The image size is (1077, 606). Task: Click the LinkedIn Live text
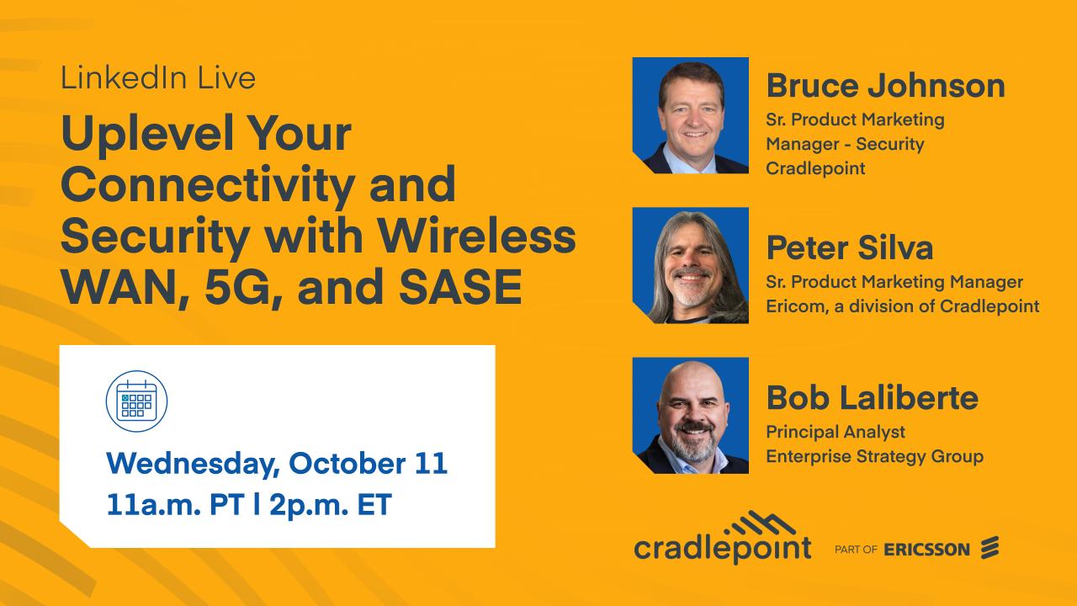click(x=158, y=78)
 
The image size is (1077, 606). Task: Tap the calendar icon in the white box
click(x=136, y=401)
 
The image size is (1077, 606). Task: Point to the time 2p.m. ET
click(x=331, y=505)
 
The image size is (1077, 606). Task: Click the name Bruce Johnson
click(x=886, y=86)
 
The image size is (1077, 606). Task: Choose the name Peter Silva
click(x=850, y=247)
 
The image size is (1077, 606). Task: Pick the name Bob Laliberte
click(x=873, y=398)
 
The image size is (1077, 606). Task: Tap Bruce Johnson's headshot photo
click(x=691, y=115)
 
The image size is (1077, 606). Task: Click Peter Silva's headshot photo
click(x=691, y=265)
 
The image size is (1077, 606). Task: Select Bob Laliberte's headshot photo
click(x=691, y=416)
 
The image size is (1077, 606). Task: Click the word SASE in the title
click(x=460, y=287)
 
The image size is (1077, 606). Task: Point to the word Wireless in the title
click(x=476, y=235)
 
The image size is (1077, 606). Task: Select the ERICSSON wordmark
click(x=926, y=550)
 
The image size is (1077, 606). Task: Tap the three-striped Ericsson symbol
click(x=990, y=547)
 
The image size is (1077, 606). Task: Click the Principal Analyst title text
click(x=836, y=432)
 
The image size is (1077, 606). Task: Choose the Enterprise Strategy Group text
click(x=874, y=456)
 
